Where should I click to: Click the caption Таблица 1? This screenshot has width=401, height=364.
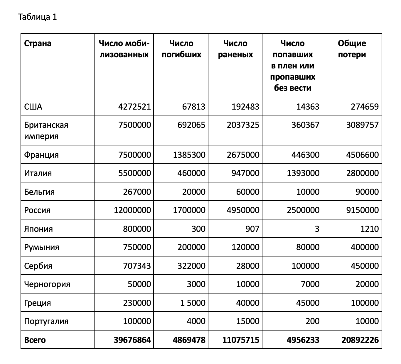pyautogui.click(x=37, y=17)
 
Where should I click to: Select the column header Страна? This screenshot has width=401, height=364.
pyautogui.click(x=38, y=43)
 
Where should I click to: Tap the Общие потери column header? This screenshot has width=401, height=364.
pyautogui.click(x=352, y=49)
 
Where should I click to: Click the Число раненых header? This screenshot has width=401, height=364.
pyautogui.click(x=235, y=49)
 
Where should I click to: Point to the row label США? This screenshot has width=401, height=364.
pyautogui.click(x=33, y=107)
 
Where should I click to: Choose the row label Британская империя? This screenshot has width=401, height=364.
pyautogui.click(x=46, y=130)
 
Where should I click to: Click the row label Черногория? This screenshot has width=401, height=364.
pyautogui.click(x=47, y=284)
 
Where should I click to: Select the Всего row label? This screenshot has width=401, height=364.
pyautogui.click(x=35, y=340)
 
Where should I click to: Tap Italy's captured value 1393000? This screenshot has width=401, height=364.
pyautogui.click(x=303, y=173)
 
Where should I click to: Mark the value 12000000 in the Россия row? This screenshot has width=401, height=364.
pyautogui.click(x=132, y=210)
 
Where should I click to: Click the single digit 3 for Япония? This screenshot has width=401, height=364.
pyautogui.click(x=317, y=229)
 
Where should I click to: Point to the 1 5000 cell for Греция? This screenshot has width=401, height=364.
pyautogui.click(x=193, y=303)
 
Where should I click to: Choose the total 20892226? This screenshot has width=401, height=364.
pyautogui.click(x=360, y=340)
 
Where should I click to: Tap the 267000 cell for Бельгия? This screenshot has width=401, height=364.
pyautogui.click(x=137, y=192)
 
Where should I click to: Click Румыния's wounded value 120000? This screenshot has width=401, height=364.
pyautogui.click(x=243, y=247)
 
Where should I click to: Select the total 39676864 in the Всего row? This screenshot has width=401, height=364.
pyautogui.click(x=132, y=340)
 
